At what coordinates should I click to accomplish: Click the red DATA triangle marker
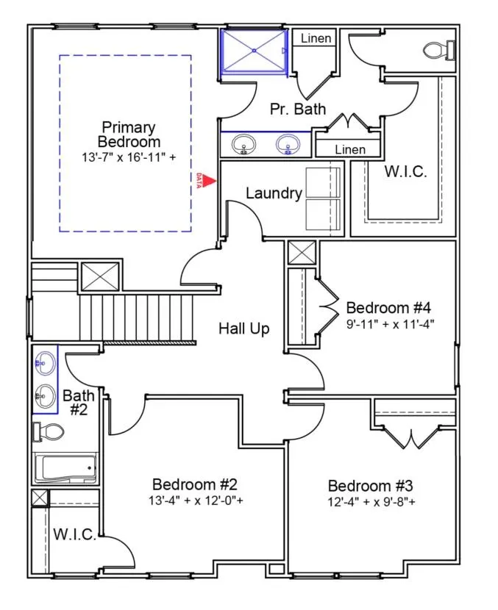(x=210, y=179)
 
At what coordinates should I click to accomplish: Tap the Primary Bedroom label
(x=129, y=134)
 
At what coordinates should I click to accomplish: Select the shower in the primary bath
(x=254, y=51)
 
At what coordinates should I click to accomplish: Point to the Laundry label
(x=274, y=193)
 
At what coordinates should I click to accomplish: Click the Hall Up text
(x=243, y=329)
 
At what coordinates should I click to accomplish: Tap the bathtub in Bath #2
(x=65, y=467)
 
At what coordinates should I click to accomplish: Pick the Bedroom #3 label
(x=370, y=486)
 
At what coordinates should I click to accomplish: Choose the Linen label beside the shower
(x=316, y=38)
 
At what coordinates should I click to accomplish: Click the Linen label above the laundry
(x=349, y=149)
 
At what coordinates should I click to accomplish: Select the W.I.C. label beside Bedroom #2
(x=74, y=534)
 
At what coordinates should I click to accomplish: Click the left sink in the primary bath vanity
(x=243, y=146)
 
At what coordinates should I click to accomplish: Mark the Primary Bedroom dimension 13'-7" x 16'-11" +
(x=129, y=157)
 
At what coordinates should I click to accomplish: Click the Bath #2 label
(x=78, y=402)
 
